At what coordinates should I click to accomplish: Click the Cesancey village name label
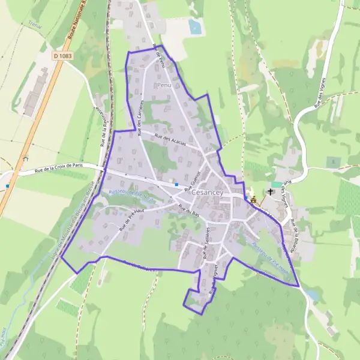click(207, 193)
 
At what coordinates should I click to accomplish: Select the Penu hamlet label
click(164, 86)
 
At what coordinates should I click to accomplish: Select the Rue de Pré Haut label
click(132, 220)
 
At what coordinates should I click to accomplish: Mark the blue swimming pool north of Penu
click(194, 26)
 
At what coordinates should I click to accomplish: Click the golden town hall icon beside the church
click(253, 200)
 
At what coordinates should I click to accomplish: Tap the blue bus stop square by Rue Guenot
click(176, 184)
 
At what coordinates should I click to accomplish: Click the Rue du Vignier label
click(212, 279)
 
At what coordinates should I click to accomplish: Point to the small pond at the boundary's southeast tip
click(311, 295)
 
